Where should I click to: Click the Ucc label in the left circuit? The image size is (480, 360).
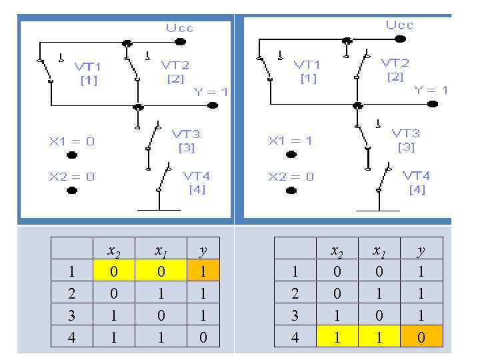click(180, 28)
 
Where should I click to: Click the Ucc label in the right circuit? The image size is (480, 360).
click(400, 25)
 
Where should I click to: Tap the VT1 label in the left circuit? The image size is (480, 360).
click(88, 67)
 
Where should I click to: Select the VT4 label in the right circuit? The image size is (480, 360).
click(416, 176)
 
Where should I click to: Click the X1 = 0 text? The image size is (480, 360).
click(71, 141)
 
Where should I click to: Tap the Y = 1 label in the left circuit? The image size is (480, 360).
click(211, 92)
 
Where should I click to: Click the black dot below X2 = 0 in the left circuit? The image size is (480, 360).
click(72, 191)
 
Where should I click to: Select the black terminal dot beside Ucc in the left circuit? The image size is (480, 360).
click(179, 41)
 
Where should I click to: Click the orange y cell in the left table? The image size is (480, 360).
click(203, 272)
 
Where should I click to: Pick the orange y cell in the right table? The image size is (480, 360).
click(421, 338)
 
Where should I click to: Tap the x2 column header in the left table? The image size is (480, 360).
click(114, 251)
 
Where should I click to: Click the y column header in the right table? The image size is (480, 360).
click(421, 251)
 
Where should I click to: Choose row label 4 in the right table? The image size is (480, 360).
click(295, 338)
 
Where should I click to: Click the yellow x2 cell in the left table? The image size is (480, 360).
click(114, 272)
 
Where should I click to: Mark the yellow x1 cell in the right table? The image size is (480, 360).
click(379, 338)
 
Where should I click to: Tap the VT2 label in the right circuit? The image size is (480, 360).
click(395, 63)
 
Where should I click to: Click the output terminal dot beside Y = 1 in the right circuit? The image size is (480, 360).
click(433, 105)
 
